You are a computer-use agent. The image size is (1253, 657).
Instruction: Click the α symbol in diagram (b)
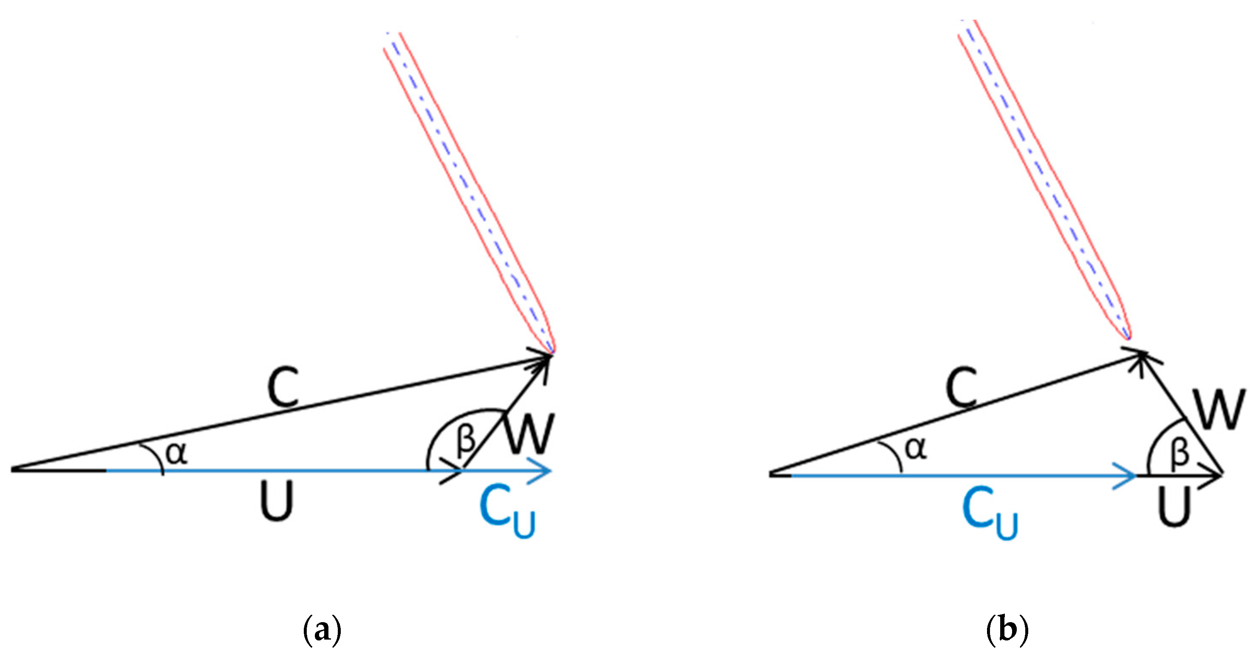pyautogui.click(x=916, y=448)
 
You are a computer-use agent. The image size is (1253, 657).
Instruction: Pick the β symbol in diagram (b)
pyautogui.click(x=1179, y=453)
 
